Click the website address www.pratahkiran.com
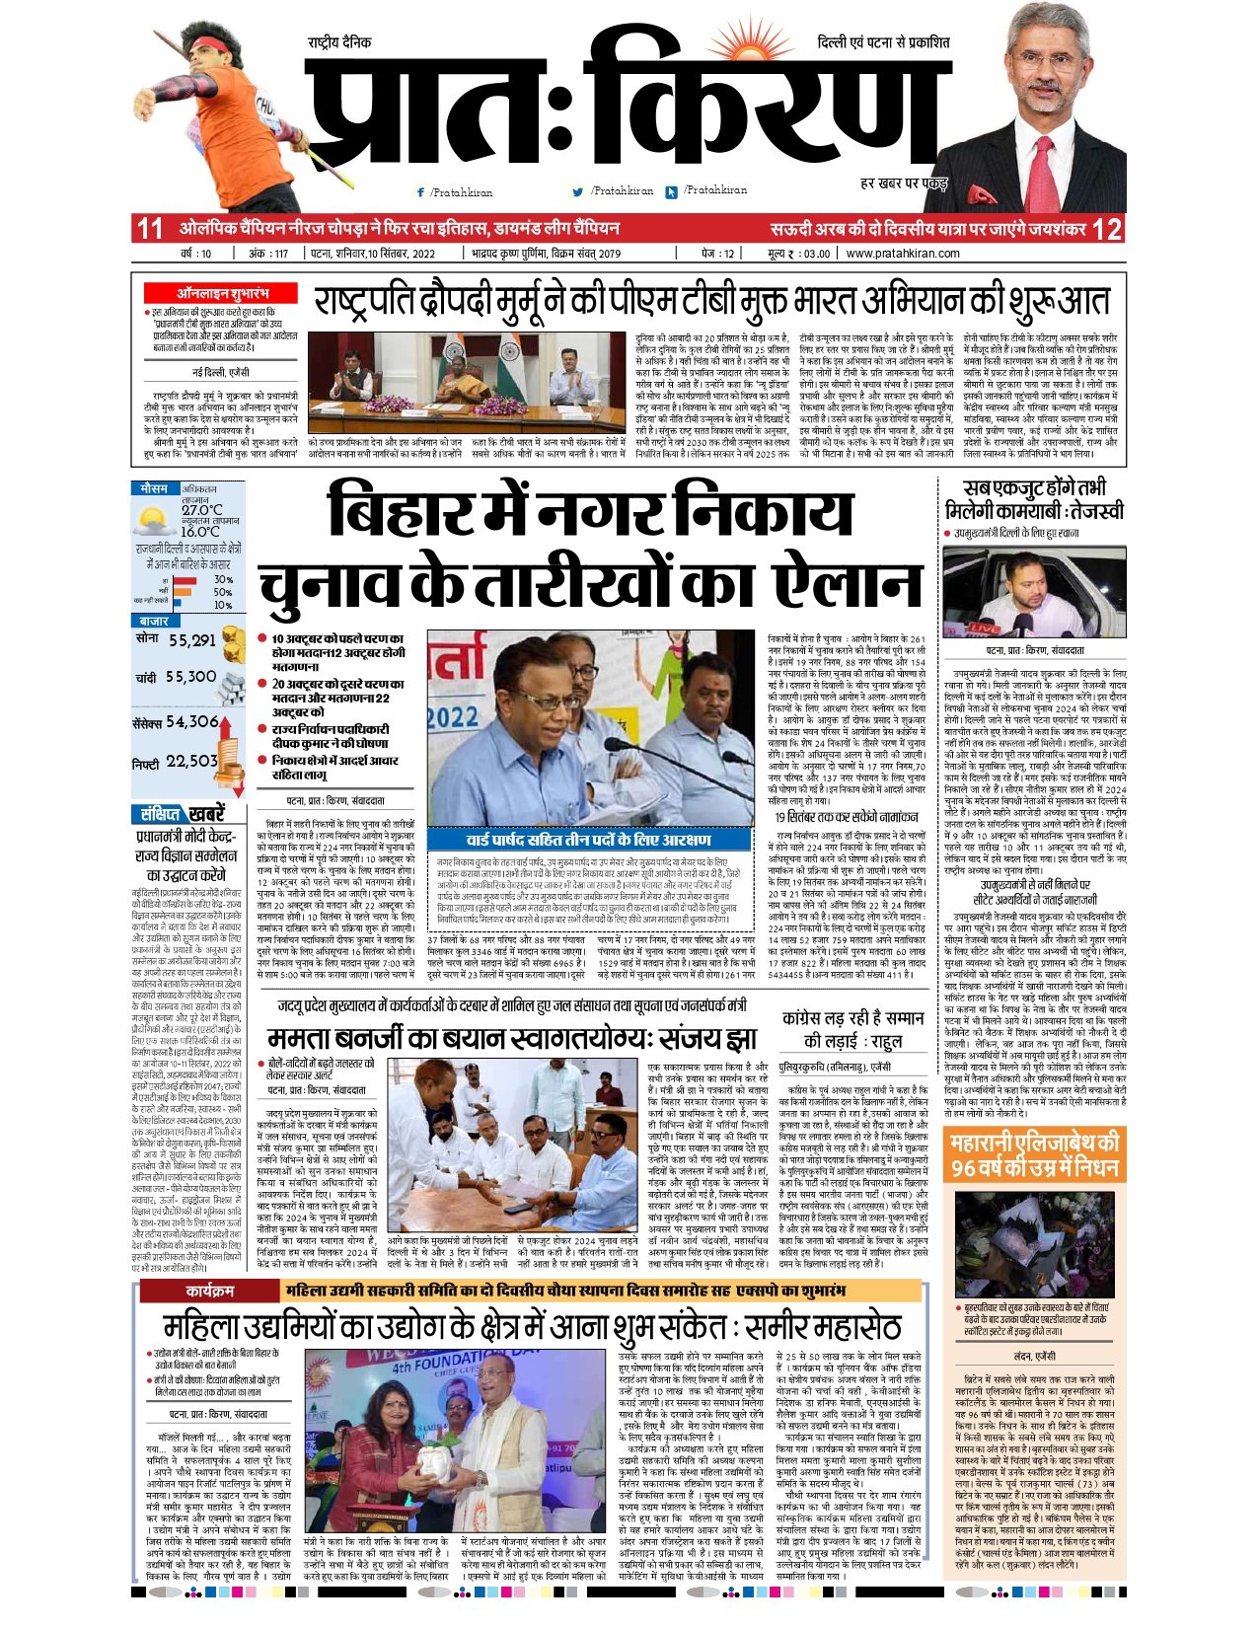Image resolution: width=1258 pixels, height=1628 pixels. tap(902, 254)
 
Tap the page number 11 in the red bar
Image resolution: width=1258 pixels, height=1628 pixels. tap(149, 229)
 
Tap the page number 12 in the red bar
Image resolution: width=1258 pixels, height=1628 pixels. tap(1107, 229)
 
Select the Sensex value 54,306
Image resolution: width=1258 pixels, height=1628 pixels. tap(193, 722)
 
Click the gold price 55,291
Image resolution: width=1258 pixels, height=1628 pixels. tap(192, 640)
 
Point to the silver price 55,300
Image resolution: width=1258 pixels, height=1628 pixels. tap(190, 678)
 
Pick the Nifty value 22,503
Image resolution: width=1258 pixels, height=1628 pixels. tap(192, 762)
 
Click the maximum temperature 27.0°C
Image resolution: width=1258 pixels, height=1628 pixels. tap(201, 510)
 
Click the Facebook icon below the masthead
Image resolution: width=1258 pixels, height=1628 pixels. tap(421, 192)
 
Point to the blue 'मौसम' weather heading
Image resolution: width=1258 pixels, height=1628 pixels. tap(155, 488)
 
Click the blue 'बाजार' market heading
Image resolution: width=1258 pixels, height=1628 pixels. tap(154, 621)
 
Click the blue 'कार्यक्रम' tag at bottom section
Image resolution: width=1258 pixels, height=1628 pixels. tap(209, 1290)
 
